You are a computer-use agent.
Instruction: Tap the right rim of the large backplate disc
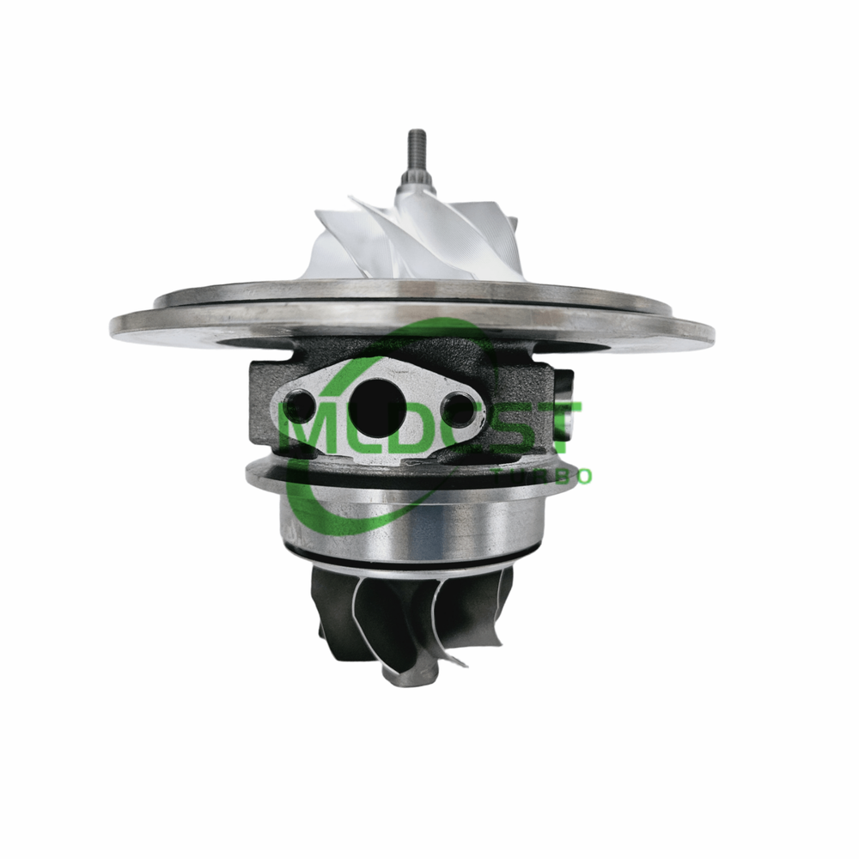point(700,332)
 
